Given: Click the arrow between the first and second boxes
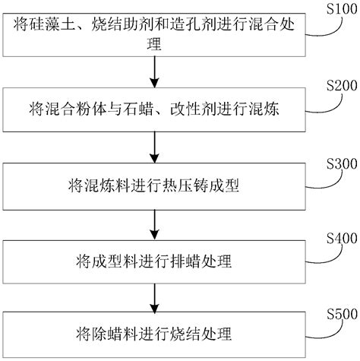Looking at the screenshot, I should (x=155, y=74).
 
